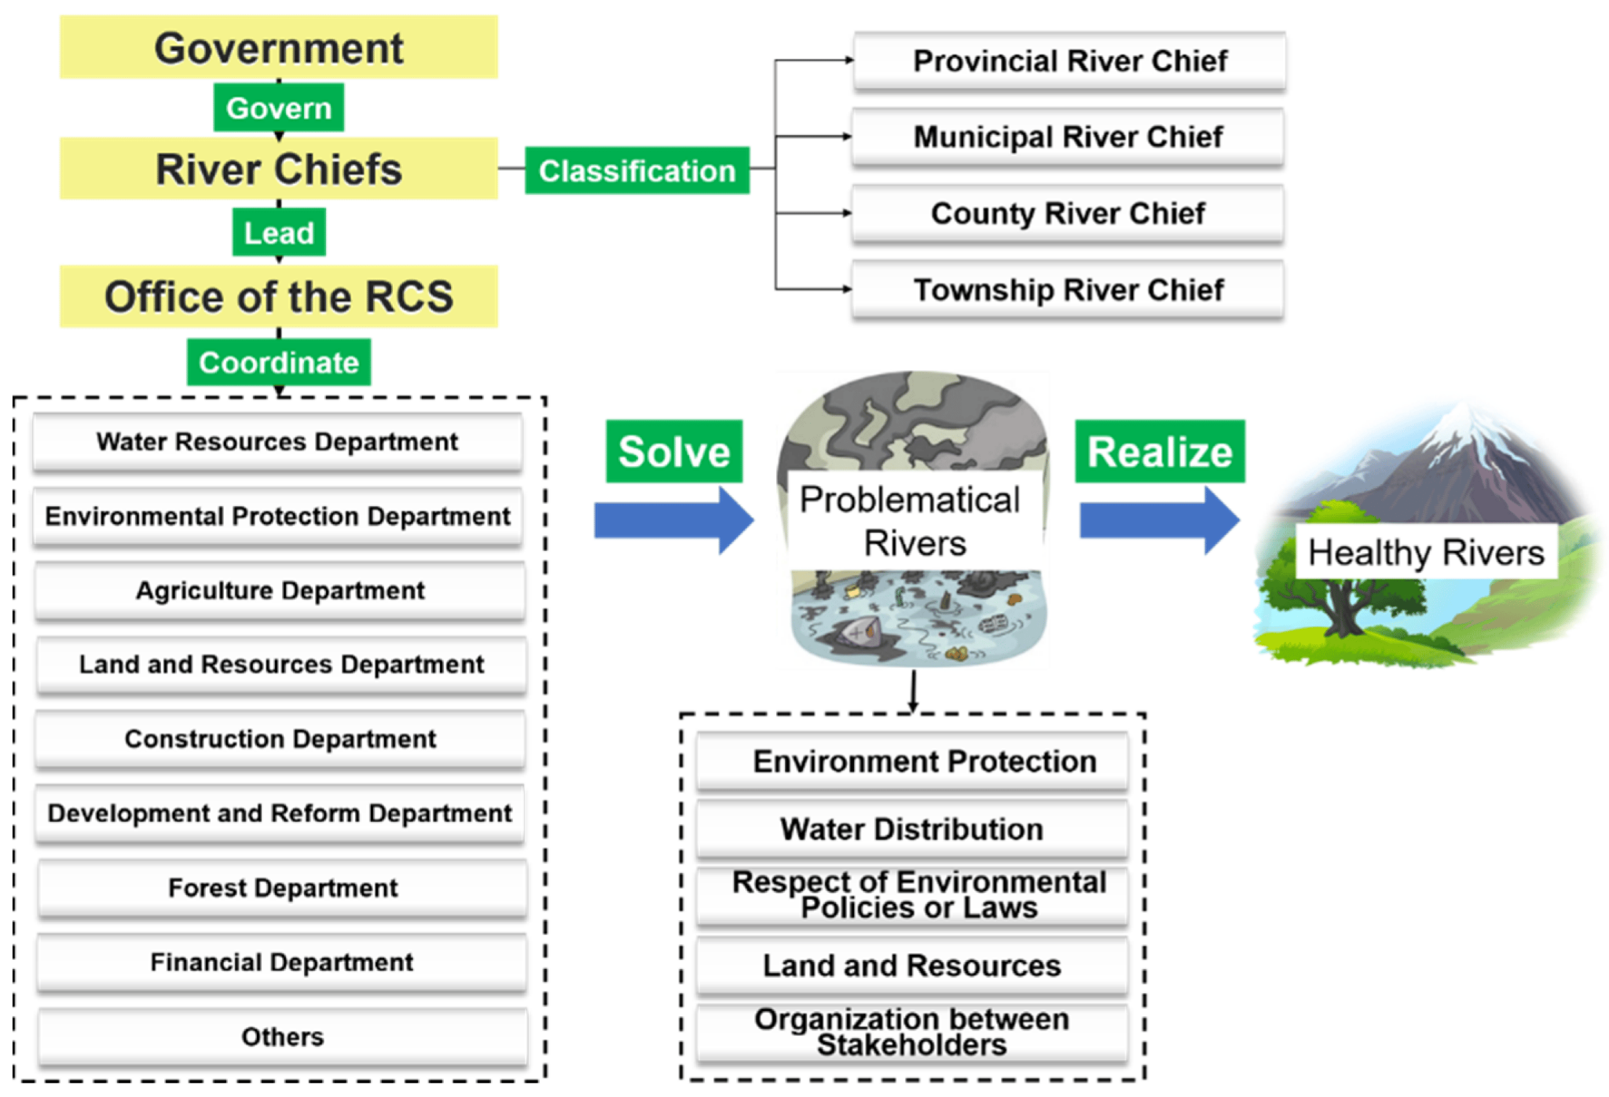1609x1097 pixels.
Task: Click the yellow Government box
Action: point(278,47)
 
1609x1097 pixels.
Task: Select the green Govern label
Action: point(278,108)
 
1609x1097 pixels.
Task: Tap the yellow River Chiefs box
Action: point(278,168)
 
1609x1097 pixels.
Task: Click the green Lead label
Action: point(278,232)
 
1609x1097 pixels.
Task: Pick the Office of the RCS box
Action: point(278,296)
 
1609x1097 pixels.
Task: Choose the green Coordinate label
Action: point(278,362)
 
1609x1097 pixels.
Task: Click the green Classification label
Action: point(636,170)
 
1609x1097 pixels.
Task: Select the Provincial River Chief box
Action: point(1069,61)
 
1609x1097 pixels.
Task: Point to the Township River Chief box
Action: point(1068,289)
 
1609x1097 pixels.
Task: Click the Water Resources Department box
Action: point(277,442)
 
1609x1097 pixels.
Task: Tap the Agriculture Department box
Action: point(280,590)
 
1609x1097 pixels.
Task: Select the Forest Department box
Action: point(282,888)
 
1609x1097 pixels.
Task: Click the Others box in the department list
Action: point(282,1036)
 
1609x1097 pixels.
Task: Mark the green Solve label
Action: point(673,451)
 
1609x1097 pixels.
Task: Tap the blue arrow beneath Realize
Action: point(1159,520)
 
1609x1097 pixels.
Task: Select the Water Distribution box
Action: point(911,829)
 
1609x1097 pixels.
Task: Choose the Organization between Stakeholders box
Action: point(911,1032)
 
